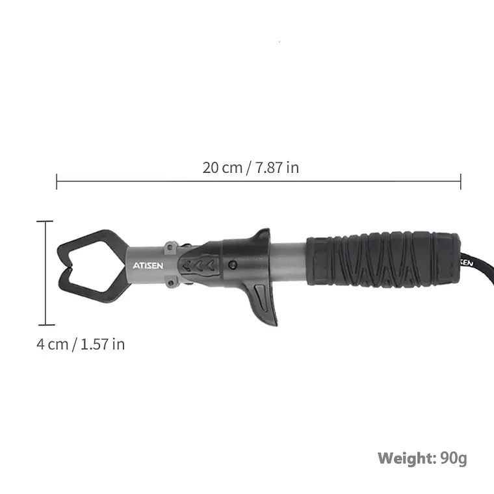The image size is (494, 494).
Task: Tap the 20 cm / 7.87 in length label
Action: (x=251, y=167)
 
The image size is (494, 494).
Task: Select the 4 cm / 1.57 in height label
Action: (x=81, y=344)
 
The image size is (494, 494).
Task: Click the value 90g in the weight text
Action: (x=453, y=458)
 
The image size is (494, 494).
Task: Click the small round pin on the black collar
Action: (x=232, y=265)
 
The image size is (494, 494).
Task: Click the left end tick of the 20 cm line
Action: (x=57, y=181)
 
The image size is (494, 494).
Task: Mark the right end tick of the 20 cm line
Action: (x=461, y=181)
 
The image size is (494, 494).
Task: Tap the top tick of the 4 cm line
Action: (x=45, y=222)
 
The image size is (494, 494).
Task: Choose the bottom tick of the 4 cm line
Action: (x=45, y=324)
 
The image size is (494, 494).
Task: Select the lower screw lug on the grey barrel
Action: (x=172, y=283)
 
